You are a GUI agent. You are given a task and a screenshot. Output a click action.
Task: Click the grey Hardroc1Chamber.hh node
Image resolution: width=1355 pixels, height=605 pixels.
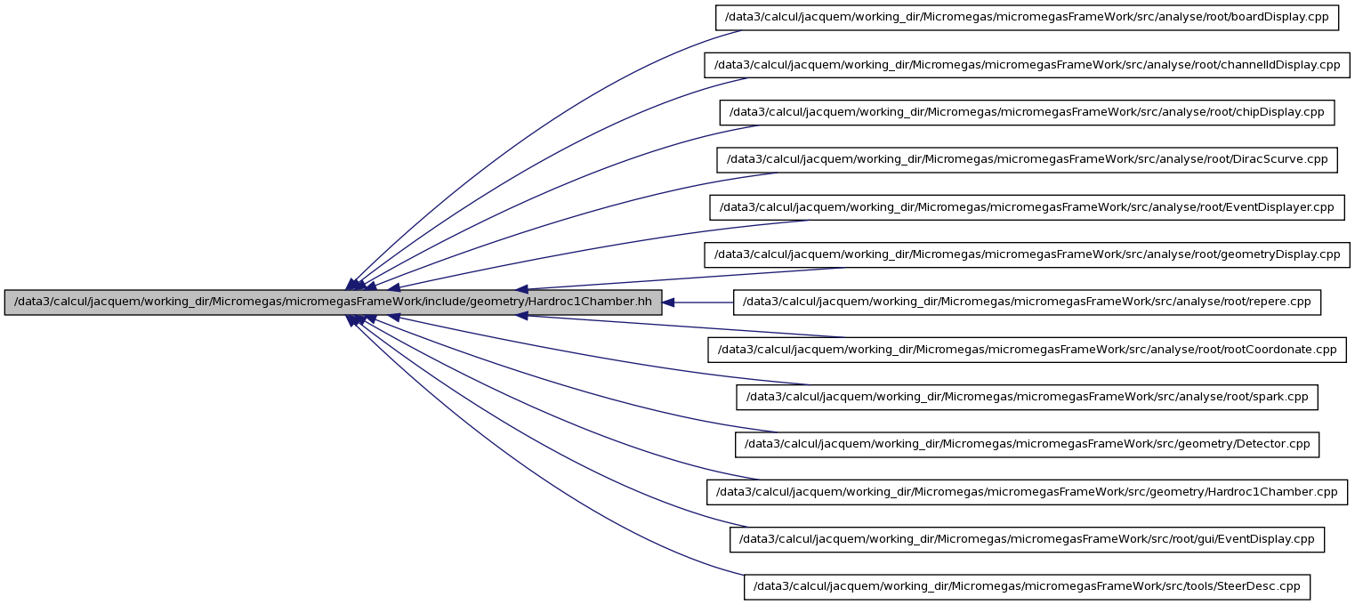(333, 302)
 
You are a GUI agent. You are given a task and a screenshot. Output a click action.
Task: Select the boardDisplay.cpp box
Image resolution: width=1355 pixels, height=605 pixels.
(1027, 17)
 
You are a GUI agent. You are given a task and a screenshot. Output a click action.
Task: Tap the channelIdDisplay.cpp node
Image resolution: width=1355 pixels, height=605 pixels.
(1027, 65)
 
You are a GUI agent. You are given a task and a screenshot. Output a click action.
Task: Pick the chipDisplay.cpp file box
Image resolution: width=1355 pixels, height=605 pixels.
(1027, 112)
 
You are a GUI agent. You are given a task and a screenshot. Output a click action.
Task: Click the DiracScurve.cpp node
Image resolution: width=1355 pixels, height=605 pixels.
(1027, 160)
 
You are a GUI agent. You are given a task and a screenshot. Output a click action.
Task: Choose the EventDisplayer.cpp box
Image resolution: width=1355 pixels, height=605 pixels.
(1027, 207)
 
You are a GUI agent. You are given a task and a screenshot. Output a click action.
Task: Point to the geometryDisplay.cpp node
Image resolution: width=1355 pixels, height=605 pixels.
(1027, 254)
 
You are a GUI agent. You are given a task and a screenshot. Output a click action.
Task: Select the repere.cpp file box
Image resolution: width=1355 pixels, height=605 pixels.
(1027, 302)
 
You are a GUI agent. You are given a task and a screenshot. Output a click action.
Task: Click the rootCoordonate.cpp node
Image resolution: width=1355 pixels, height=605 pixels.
(1027, 350)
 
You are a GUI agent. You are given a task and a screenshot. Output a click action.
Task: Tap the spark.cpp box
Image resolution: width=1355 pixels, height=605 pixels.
(1027, 397)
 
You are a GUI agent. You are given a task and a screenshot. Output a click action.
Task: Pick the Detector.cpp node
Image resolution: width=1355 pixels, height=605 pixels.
(1027, 445)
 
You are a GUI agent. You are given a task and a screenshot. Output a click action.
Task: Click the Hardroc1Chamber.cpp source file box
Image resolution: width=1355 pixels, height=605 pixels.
(1027, 492)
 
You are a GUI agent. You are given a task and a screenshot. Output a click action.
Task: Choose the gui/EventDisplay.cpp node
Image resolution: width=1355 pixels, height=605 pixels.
(1027, 539)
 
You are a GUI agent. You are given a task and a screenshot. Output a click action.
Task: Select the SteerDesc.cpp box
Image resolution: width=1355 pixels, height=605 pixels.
(1027, 587)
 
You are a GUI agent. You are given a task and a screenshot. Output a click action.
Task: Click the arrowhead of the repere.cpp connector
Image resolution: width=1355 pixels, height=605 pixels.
(668, 302)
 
